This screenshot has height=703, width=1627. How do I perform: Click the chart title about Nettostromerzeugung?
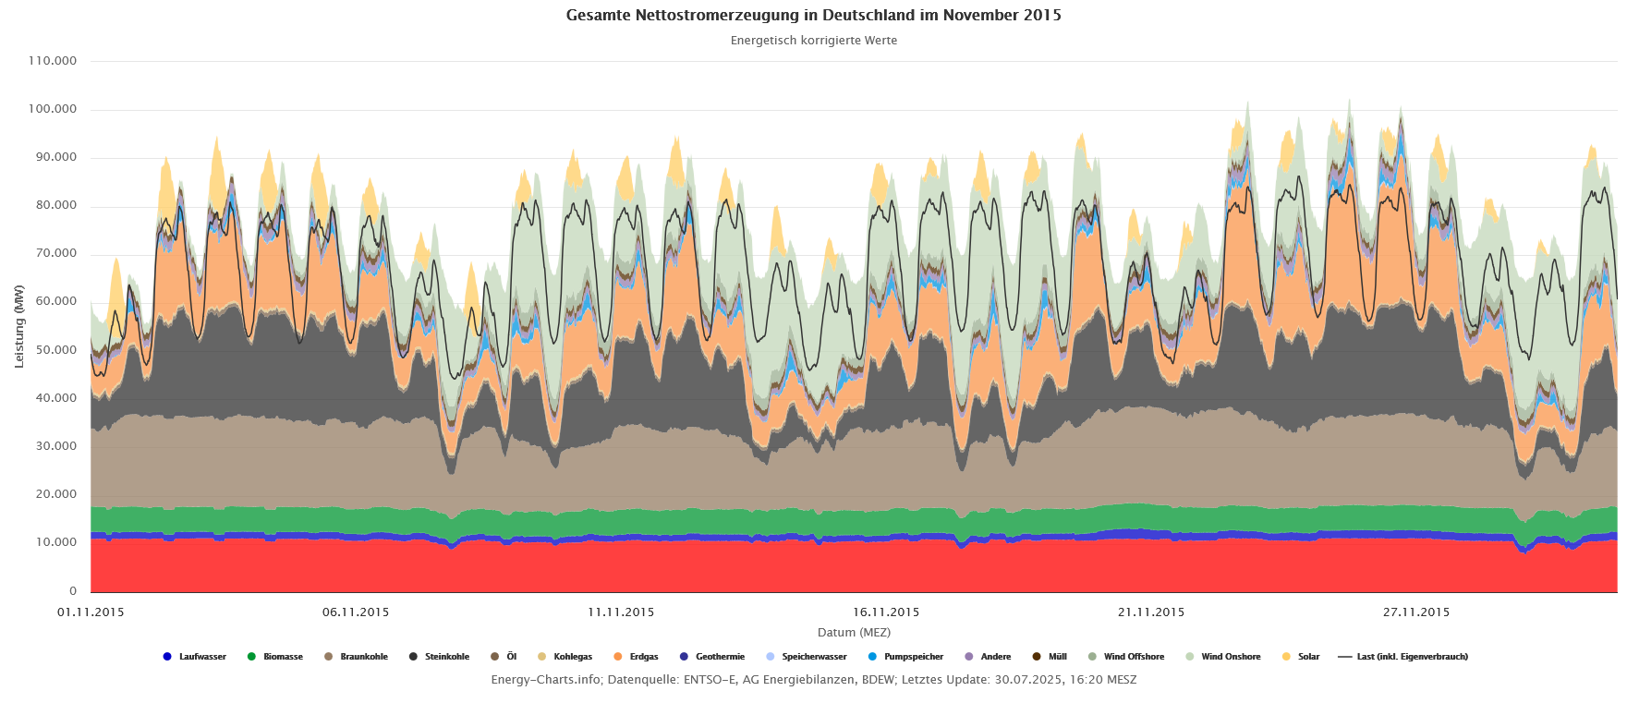tap(813, 16)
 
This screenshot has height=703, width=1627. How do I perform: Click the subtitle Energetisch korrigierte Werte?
tap(813, 41)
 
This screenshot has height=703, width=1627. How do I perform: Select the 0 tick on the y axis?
tap(73, 591)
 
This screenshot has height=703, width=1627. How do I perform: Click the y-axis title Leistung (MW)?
tap(19, 326)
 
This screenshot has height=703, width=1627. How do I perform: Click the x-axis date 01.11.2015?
tap(91, 612)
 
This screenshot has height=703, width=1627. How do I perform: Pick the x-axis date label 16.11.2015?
tap(886, 612)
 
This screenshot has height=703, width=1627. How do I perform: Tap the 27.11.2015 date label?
tap(1416, 612)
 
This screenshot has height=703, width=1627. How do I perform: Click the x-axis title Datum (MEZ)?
tap(854, 633)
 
